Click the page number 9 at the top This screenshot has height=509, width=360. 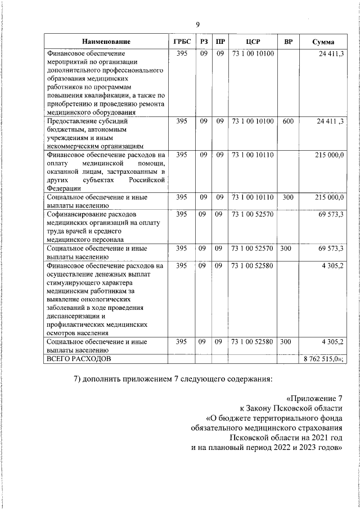click(x=197, y=24)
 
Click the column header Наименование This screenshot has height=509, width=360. click(x=106, y=42)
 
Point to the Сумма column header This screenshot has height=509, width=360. click(x=323, y=42)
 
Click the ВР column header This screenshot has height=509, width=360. click(x=288, y=42)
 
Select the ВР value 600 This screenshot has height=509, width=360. click(x=288, y=121)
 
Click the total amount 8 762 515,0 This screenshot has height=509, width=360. click(x=323, y=358)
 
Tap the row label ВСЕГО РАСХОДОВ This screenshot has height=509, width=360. click(x=79, y=358)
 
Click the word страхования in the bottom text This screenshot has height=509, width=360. click(x=318, y=428)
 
